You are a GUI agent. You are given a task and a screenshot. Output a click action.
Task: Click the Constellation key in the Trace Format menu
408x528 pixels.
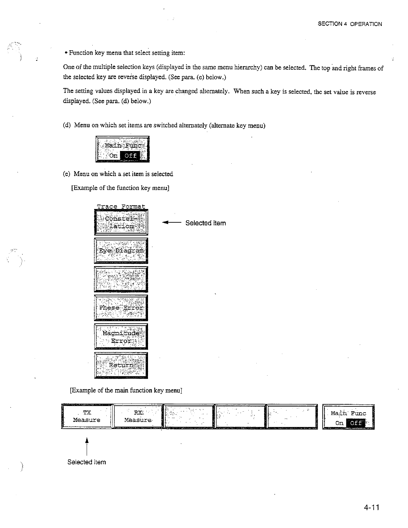pyautogui.click(x=121, y=222)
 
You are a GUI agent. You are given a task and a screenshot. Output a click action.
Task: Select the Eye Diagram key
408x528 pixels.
pyautogui.click(x=121, y=251)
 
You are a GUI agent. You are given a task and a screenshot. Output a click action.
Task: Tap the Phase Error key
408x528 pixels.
pyautogui.click(x=121, y=308)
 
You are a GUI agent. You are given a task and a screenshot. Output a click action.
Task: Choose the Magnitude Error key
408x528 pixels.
pyautogui.click(x=121, y=337)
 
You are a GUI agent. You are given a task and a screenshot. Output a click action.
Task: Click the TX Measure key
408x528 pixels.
pyautogui.click(x=87, y=416)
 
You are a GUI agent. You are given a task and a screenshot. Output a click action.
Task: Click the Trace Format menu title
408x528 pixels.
pyautogui.click(x=121, y=206)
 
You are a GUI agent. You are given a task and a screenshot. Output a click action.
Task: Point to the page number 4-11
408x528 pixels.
pyautogui.click(x=372, y=508)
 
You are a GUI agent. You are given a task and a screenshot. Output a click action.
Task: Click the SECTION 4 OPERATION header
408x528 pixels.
pyautogui.click(x=350, y=24)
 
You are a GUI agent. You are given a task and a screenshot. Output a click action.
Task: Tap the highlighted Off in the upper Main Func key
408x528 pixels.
pyautogui.click(x=131, y=155)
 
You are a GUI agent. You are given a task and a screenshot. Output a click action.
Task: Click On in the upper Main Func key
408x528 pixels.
pyautogui.click(x=113, y=155)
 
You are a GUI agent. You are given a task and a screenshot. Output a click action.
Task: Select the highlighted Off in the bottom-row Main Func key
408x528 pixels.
pyautogui.click(x=355, y=423)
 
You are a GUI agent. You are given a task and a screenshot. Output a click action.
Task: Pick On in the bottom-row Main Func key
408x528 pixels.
pyautogui.click(x=339, y=423)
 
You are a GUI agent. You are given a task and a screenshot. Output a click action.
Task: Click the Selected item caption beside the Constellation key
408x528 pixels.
pyautogui.click(x=205, y=223)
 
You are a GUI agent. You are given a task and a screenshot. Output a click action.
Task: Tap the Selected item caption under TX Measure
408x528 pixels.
pyautogui.click(x=87, y=462)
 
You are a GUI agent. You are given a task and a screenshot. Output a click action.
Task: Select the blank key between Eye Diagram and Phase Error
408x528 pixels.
pyautogui.click(x=121, y=279)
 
